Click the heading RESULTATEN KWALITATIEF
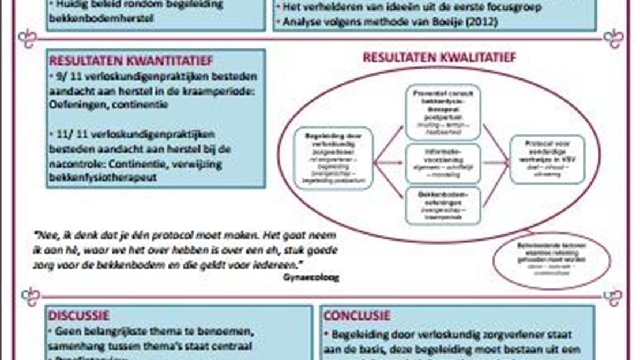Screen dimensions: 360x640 click(439, 57)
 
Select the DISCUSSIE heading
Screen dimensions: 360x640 click(79, 316)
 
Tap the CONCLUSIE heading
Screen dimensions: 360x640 click(357, 316)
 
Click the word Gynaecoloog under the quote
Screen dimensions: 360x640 click(311, 277)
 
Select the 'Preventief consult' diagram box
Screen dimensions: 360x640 click(443, 112)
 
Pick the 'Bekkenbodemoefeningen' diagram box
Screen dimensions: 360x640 click(443, 205)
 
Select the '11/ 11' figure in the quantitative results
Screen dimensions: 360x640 click(67, 134)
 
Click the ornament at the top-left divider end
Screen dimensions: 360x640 click(28, 39)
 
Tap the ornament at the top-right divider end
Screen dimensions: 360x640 click(613, 39)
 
